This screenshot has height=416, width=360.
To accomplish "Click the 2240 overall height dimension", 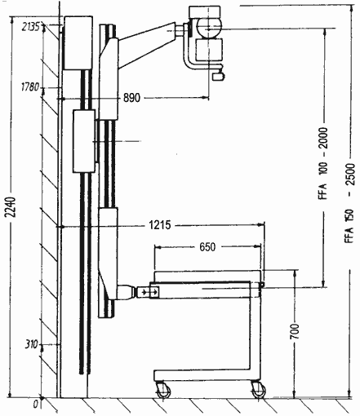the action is (11, 206).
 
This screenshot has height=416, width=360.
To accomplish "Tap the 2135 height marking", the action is (31, 27).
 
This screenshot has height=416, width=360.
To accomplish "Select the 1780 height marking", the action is (30, 87).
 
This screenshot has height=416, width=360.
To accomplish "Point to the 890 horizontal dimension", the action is (131, 98).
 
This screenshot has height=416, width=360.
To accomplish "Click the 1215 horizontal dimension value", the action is (160, 225).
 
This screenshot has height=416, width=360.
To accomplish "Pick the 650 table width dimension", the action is (207, 247).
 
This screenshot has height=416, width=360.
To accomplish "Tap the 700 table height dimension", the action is (295, 331).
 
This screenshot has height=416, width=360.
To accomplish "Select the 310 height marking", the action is (31, 345).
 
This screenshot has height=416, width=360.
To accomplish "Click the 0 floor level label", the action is (36, 405).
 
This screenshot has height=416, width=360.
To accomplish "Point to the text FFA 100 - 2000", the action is (323, 163).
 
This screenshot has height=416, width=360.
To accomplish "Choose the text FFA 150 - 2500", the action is (350, 203).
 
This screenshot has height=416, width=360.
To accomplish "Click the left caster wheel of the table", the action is (163, 391).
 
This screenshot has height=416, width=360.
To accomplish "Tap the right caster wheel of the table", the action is (258, 390).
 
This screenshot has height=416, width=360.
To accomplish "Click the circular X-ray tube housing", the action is (209, 28).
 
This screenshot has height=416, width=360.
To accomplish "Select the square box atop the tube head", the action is (205, 12).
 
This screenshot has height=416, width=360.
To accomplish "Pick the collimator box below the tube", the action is (209, 50).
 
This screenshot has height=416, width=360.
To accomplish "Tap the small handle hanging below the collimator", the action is (218, 76).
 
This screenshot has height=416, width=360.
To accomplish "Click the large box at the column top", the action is (78, 42).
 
